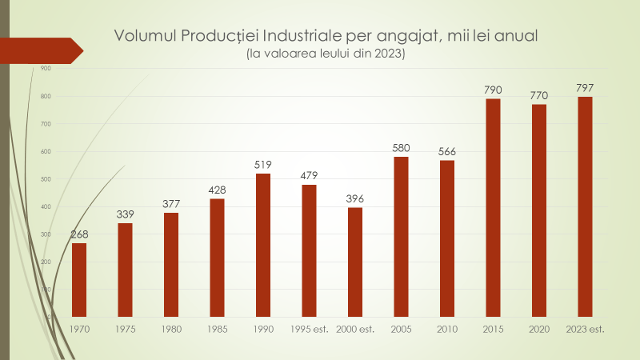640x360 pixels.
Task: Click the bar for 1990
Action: click(263, 245)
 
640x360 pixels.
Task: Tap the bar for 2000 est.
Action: click(355, 262)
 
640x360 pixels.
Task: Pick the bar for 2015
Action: click(493, 207)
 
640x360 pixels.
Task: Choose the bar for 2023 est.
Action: click(585, 206)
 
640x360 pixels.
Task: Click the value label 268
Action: click(79, 234)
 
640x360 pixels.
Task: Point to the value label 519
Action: click(263, 164)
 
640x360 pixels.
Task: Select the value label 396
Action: click(355, 198)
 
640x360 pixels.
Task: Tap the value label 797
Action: click(585, 87)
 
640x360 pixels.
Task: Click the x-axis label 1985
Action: click(217, 329)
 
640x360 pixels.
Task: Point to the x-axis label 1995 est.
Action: click(309, 329)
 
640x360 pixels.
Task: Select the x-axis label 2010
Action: click(447, 329)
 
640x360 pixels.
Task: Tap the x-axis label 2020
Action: click(539, 329)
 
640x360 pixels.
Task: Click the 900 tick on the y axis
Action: click(46, 69)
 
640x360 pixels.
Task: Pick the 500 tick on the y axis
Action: click(46, 179)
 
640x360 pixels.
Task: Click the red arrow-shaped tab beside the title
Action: click(40, 50)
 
